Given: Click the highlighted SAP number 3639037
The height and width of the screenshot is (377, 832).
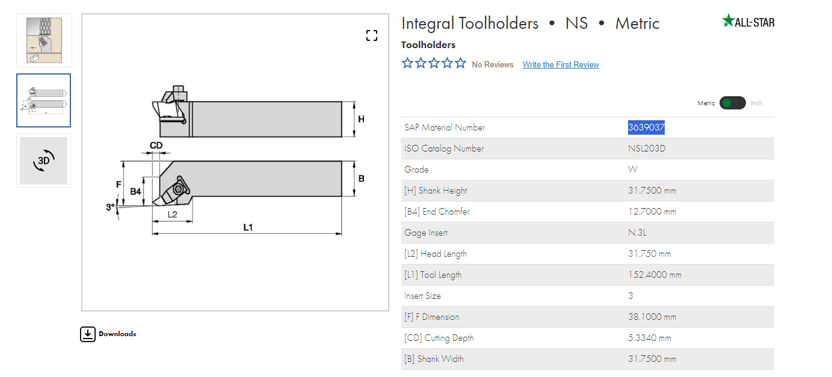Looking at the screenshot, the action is [646, 127].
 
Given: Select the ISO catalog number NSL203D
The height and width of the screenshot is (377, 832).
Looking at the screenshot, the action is [647, 149].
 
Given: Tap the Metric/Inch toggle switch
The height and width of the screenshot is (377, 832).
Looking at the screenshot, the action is [732, 103].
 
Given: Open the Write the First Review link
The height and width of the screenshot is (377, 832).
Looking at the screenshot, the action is [561, 64].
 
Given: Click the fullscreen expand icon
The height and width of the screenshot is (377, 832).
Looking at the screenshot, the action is [371, 35].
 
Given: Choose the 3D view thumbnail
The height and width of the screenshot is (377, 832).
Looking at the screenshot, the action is [43, 161].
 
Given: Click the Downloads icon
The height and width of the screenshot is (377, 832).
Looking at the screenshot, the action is [88, 334].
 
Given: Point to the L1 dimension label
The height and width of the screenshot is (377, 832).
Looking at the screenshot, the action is [248, 227].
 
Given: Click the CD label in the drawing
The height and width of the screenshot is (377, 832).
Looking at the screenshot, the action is [156, 145].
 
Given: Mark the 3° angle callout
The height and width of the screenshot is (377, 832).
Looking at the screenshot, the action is [110, 207].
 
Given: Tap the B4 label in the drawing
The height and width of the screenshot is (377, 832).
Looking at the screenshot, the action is [135, 191].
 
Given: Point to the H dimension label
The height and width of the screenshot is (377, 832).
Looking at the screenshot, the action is [361, 119].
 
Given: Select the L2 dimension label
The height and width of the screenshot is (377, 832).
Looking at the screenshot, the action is [172, 215].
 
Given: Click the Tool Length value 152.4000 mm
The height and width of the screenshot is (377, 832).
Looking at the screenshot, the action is [655, 275].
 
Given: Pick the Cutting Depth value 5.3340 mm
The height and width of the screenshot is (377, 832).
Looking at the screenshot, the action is [650, 338].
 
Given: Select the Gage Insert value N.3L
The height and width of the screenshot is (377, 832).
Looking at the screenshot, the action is [637, 233].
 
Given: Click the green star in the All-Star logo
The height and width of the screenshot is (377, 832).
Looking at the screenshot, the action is [728, 20].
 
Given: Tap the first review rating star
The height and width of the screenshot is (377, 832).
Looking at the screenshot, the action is [407, 63].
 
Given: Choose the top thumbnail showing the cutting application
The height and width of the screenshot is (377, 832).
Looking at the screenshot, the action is [44, 40].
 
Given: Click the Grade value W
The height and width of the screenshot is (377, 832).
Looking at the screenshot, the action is [632, 170].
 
